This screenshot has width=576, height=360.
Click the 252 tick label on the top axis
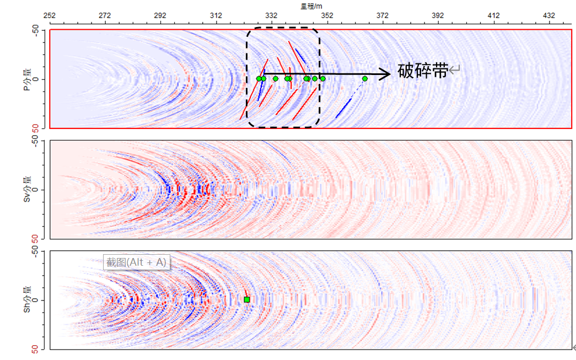coord(50,15)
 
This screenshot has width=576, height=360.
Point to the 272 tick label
coord(105,15)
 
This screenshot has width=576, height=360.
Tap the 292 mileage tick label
coord(160,15)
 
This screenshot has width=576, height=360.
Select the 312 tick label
coord(216,15)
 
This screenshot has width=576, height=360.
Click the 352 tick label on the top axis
coord(327,15)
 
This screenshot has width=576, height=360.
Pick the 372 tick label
coord(383,15)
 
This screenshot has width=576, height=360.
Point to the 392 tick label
coord(438,15)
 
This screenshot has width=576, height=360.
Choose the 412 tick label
coord(494,15)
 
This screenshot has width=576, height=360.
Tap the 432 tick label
coord(549,15)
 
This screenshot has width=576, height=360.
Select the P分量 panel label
coord(27,79)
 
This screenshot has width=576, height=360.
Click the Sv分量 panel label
coord(27,189)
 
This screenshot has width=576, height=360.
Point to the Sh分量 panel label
coord(27,299)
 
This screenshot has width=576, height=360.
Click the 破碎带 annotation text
coord(423,71)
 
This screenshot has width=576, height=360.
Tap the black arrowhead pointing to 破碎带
coord(386,74)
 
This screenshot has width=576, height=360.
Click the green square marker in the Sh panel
coord(247,299)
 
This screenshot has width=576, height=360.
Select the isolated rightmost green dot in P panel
coord(365,79)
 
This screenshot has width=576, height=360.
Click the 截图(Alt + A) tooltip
coord(137,262)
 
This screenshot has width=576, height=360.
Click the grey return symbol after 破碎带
coord(455,70)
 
